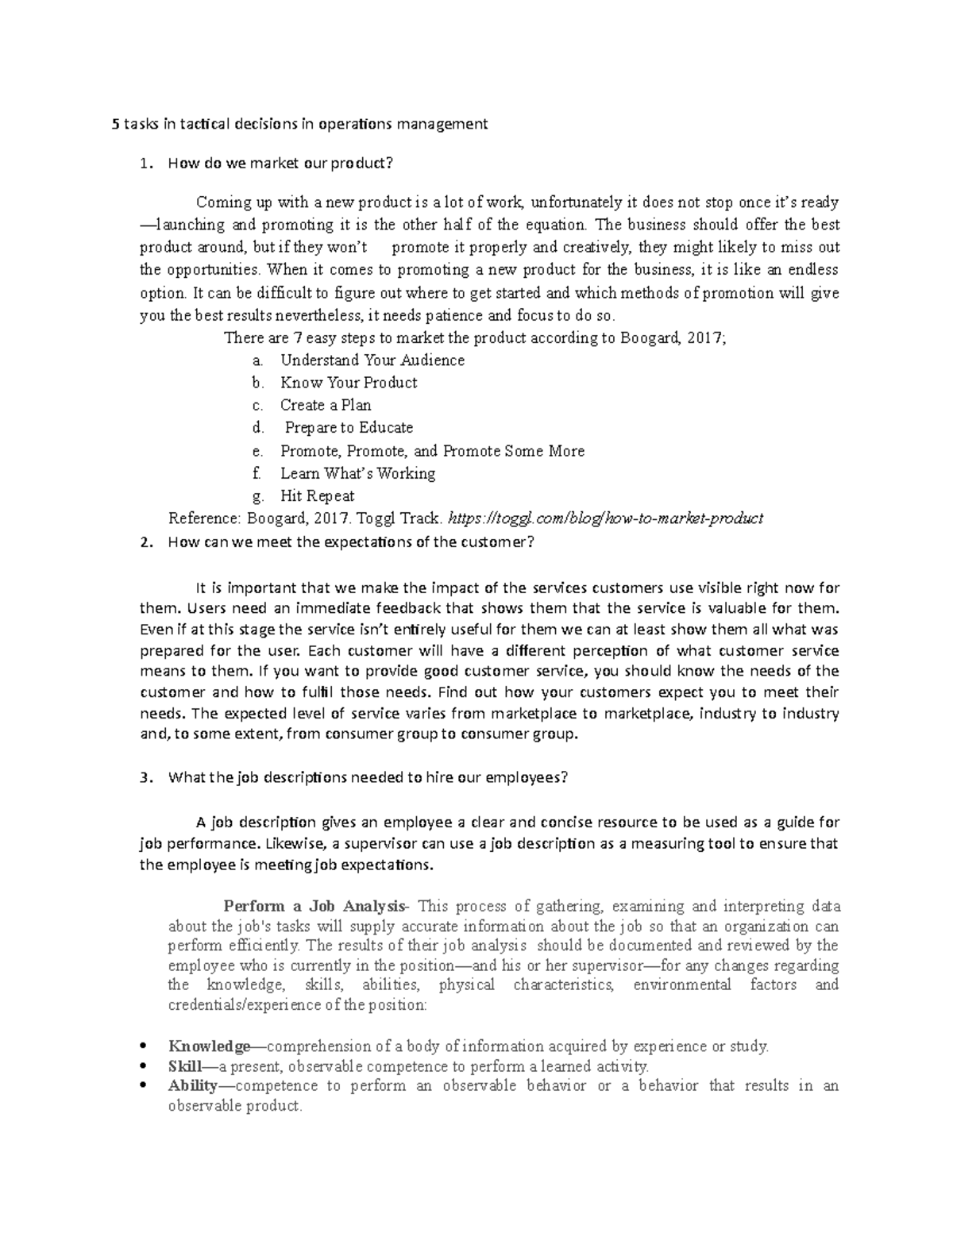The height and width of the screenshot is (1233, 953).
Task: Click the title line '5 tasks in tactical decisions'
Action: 299,124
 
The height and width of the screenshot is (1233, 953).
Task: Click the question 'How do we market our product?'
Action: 280,164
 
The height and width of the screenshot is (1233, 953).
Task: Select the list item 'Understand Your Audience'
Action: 372,360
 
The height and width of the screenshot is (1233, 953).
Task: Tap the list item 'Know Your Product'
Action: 348,383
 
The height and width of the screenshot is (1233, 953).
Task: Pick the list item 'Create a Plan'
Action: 326,405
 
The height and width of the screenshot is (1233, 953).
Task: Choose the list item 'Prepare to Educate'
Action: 349,428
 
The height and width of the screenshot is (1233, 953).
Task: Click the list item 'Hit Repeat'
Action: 317,496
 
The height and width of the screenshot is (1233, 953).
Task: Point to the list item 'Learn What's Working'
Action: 357,474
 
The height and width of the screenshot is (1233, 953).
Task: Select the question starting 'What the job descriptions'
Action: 368,778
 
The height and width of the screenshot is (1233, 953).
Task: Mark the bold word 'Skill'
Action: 185,1066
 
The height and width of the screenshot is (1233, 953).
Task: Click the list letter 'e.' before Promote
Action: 257,451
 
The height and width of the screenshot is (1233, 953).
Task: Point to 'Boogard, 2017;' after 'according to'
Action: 671,338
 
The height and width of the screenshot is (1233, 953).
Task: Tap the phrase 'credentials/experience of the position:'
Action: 298,1005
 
